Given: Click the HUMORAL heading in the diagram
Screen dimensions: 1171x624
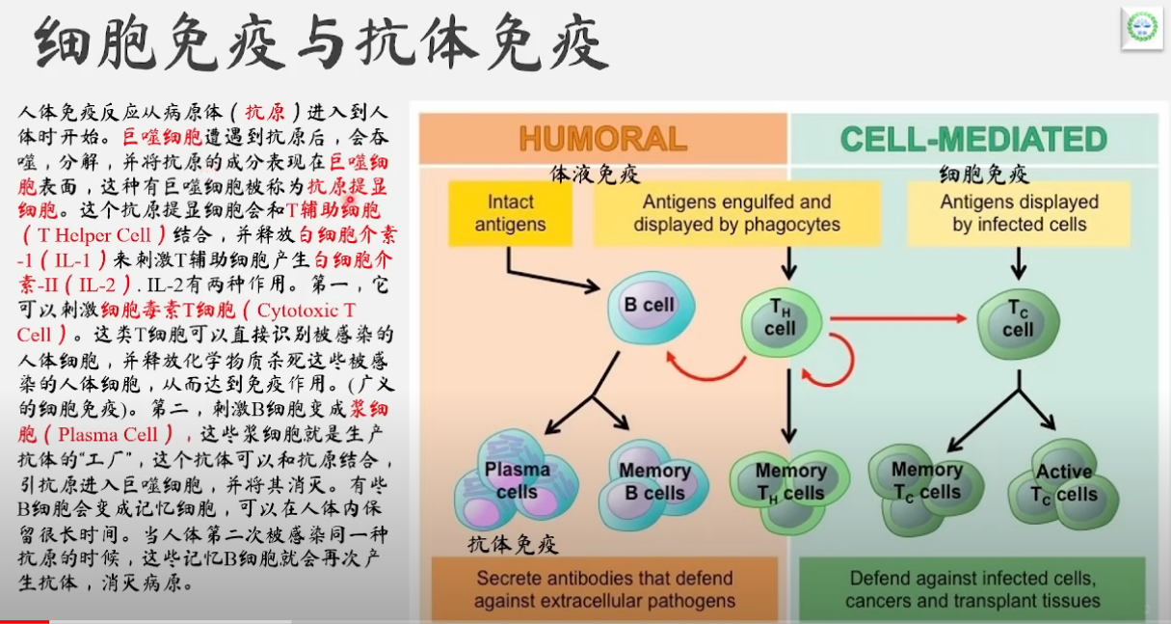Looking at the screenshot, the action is [602, 139].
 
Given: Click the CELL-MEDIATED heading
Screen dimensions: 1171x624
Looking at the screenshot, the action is [973, 139].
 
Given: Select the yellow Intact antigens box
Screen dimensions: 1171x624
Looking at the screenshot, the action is [510, 213].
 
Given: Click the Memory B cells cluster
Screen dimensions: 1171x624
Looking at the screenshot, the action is [653, 482].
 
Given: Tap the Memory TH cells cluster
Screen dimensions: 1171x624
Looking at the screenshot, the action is [789, 482].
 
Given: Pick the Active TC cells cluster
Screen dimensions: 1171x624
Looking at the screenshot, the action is [1064, 484].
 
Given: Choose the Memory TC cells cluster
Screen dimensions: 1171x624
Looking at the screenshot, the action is [926, 482].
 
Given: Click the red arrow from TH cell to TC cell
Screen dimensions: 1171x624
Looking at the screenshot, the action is [896, 317].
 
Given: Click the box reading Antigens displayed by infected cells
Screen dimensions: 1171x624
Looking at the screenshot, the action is [1019, 213].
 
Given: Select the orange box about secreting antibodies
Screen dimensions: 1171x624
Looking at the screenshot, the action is [603, 589].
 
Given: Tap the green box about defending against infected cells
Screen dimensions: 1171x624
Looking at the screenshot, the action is [971, 589].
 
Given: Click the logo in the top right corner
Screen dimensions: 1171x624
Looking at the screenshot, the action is [1142, 29].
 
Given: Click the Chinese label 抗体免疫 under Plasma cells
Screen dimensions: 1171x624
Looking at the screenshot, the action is [513, 544].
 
